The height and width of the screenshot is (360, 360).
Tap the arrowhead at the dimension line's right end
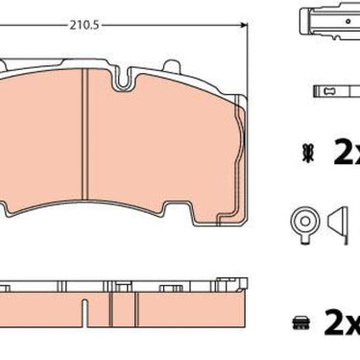click(x=245, y=25)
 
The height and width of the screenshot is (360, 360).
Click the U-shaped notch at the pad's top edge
click(x=122, y=79)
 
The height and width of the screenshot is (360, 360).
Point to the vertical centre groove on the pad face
click(x=84, y=133)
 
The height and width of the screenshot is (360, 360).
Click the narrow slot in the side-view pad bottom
click(x=84, y=313)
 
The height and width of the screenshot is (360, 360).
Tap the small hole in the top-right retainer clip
click(x=348, y=21)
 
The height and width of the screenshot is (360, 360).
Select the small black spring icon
click(x=308, y=153)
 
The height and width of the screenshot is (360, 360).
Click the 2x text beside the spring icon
click(x=347, y=153)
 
